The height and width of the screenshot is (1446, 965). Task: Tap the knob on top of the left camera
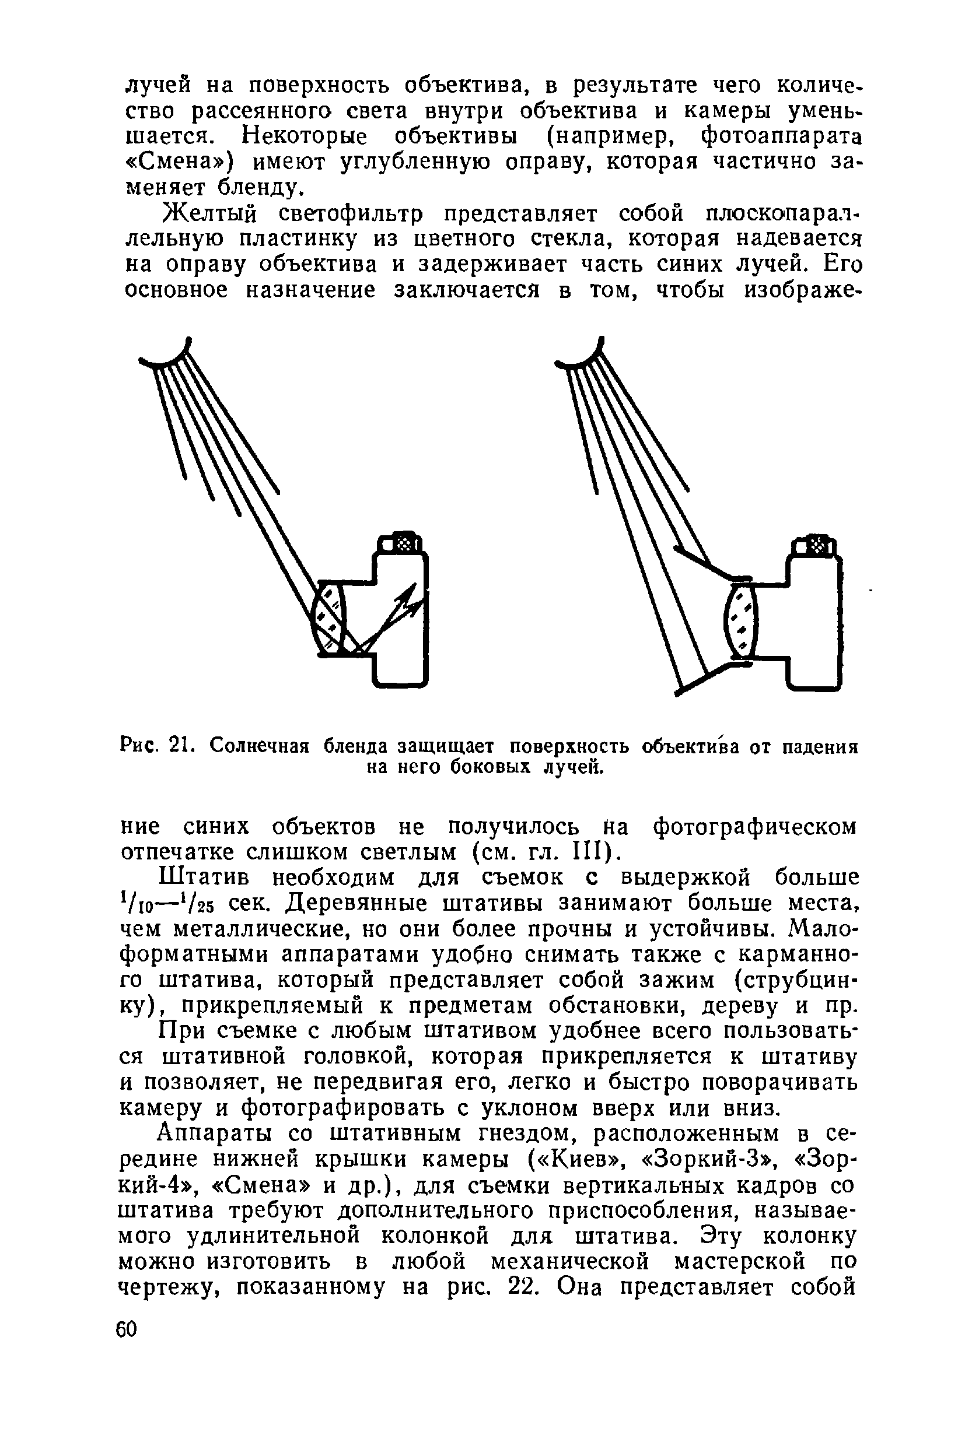(x=402, y=543)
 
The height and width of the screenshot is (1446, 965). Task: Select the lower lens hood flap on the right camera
(x=708, y=676)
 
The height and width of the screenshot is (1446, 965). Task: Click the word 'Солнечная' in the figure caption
(x=258, y=746)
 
